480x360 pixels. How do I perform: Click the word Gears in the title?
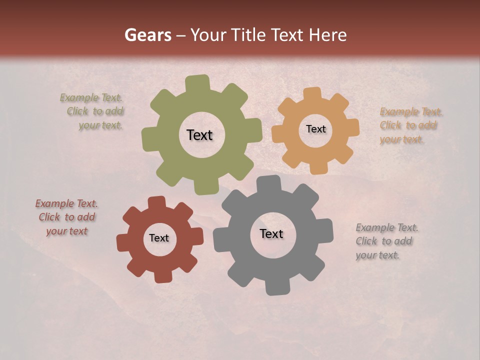147,35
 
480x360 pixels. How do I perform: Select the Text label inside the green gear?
199,135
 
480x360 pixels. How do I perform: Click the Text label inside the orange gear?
315,129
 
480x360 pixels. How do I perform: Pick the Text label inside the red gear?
159,238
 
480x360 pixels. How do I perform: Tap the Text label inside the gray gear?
271,234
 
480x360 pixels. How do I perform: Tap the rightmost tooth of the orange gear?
352,127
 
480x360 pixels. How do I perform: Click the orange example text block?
410,125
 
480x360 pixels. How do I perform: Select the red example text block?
66,217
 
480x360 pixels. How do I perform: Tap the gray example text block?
386,241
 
